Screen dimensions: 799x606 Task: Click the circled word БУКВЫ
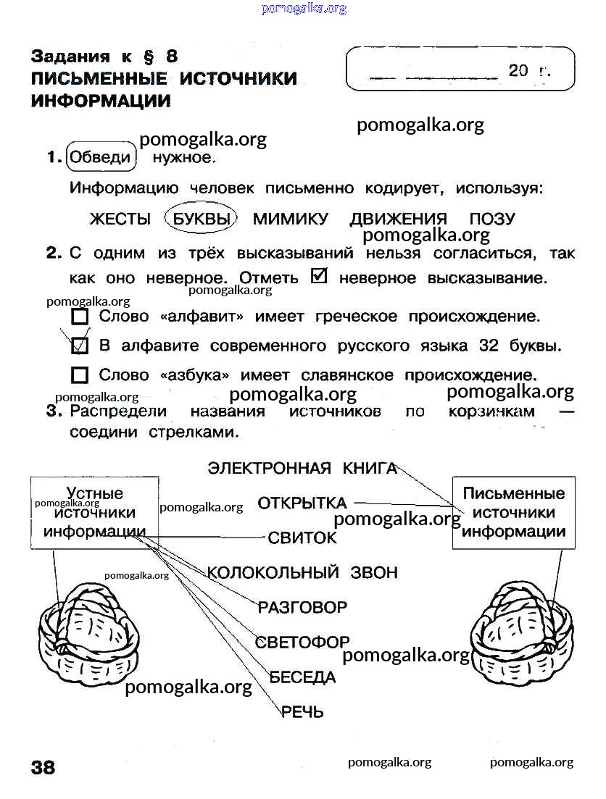point(201,219)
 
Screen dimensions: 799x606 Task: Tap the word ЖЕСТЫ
point(120,219)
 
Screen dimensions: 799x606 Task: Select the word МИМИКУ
point(291,219)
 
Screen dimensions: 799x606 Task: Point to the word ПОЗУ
point(491,219)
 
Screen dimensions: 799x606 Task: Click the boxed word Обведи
point(101,157)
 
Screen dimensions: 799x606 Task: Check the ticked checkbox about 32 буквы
point(80,346)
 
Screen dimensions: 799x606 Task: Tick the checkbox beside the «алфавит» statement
point(80,317)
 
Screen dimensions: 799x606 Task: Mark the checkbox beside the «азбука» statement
point(80,375)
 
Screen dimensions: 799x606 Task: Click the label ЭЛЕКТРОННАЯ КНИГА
point(302,468)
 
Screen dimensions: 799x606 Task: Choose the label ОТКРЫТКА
point(302,503)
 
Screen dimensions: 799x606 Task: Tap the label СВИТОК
point(302,537)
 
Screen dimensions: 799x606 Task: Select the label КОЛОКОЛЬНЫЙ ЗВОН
point(302,572)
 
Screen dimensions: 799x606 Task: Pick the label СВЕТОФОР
point(302,642)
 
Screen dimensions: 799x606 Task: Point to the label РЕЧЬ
point(302,711)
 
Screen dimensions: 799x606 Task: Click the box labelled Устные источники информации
point(94,512)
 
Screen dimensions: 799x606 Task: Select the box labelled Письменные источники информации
point(513,512)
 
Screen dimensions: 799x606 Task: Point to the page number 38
point(43,767)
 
